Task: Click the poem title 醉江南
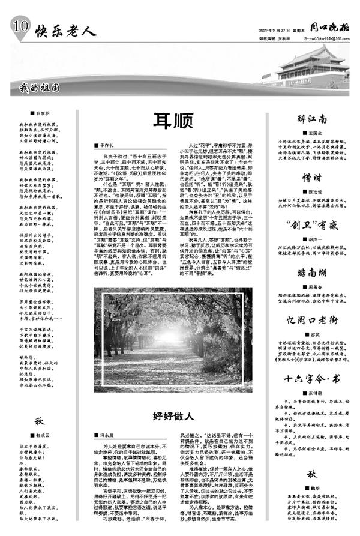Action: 312,119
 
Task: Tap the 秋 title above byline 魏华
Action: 312,474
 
